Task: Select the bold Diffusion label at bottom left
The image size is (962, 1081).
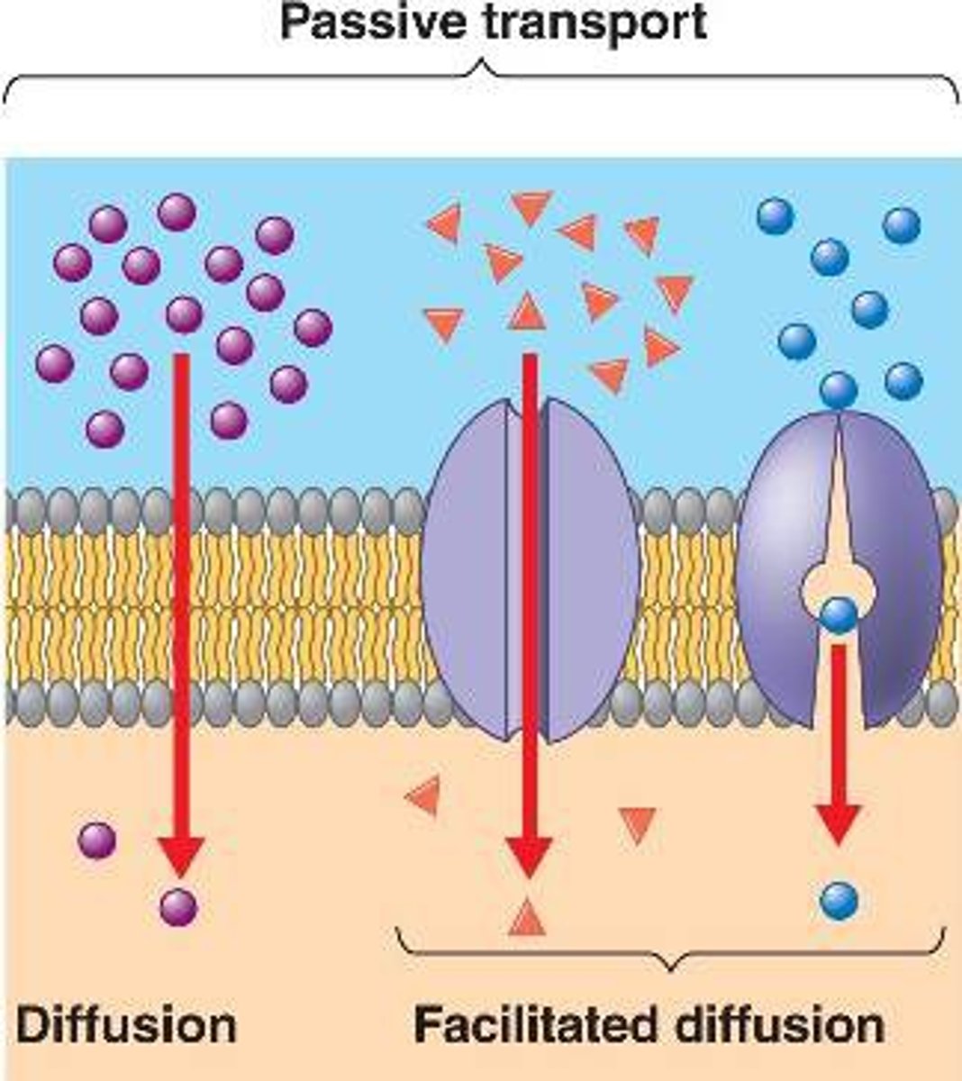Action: point(126,1025)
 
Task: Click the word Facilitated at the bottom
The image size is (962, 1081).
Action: point(537,1025)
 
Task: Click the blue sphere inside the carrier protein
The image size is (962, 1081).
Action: point(839,616)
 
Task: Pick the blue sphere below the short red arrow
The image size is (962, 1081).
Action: point(839,898)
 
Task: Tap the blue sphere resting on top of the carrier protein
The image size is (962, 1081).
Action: point(839,391)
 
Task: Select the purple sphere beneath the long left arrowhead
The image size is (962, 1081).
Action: point(178,907)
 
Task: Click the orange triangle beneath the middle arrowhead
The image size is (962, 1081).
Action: point(527,919)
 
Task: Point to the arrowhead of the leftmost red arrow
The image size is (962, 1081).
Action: point(181,857)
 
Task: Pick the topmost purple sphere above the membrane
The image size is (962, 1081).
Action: point(177,212)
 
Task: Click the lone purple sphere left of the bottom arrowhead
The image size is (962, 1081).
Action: point(97,840)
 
